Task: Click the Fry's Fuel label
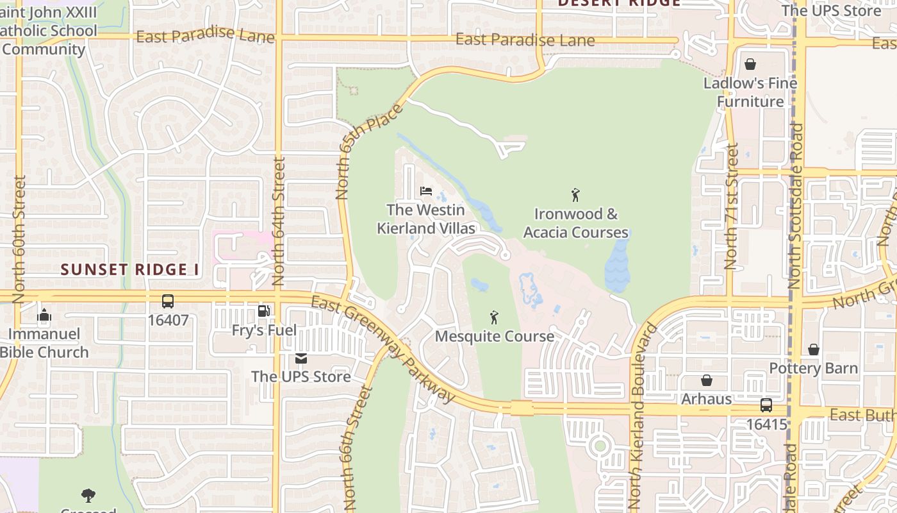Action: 264,331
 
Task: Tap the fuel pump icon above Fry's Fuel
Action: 263,312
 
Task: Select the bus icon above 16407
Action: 168,301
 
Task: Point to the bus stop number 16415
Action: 766,425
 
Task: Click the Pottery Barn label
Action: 813,368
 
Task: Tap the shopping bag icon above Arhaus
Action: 706,381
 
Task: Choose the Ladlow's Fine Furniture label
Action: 750,92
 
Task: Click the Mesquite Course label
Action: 494,336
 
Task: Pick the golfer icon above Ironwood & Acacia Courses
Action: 575,195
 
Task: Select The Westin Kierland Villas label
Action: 426,219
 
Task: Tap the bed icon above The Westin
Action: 426,191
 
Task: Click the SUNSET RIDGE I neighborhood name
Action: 129,269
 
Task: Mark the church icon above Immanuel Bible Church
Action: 44,315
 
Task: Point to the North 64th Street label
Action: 278,221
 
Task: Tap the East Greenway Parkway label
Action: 383,349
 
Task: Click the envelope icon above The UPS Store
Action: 300,358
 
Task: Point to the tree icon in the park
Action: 88,495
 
